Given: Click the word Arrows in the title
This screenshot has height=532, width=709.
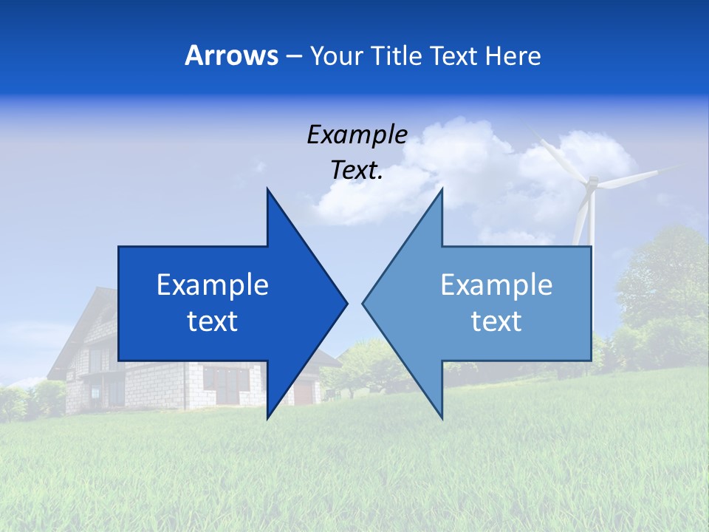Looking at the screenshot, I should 231,55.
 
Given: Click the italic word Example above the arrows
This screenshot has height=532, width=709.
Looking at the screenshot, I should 357,134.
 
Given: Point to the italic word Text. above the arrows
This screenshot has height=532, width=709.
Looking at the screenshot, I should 357,170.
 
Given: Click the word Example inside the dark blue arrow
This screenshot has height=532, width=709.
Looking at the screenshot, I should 213,284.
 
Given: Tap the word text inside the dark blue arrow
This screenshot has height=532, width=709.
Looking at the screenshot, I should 213,321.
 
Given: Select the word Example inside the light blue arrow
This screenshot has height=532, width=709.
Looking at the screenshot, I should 496,284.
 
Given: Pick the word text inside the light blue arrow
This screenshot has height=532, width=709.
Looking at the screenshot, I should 496,321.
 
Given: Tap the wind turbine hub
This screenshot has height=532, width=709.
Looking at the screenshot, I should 590,183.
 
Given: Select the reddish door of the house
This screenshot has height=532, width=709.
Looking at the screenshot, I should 303,392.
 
